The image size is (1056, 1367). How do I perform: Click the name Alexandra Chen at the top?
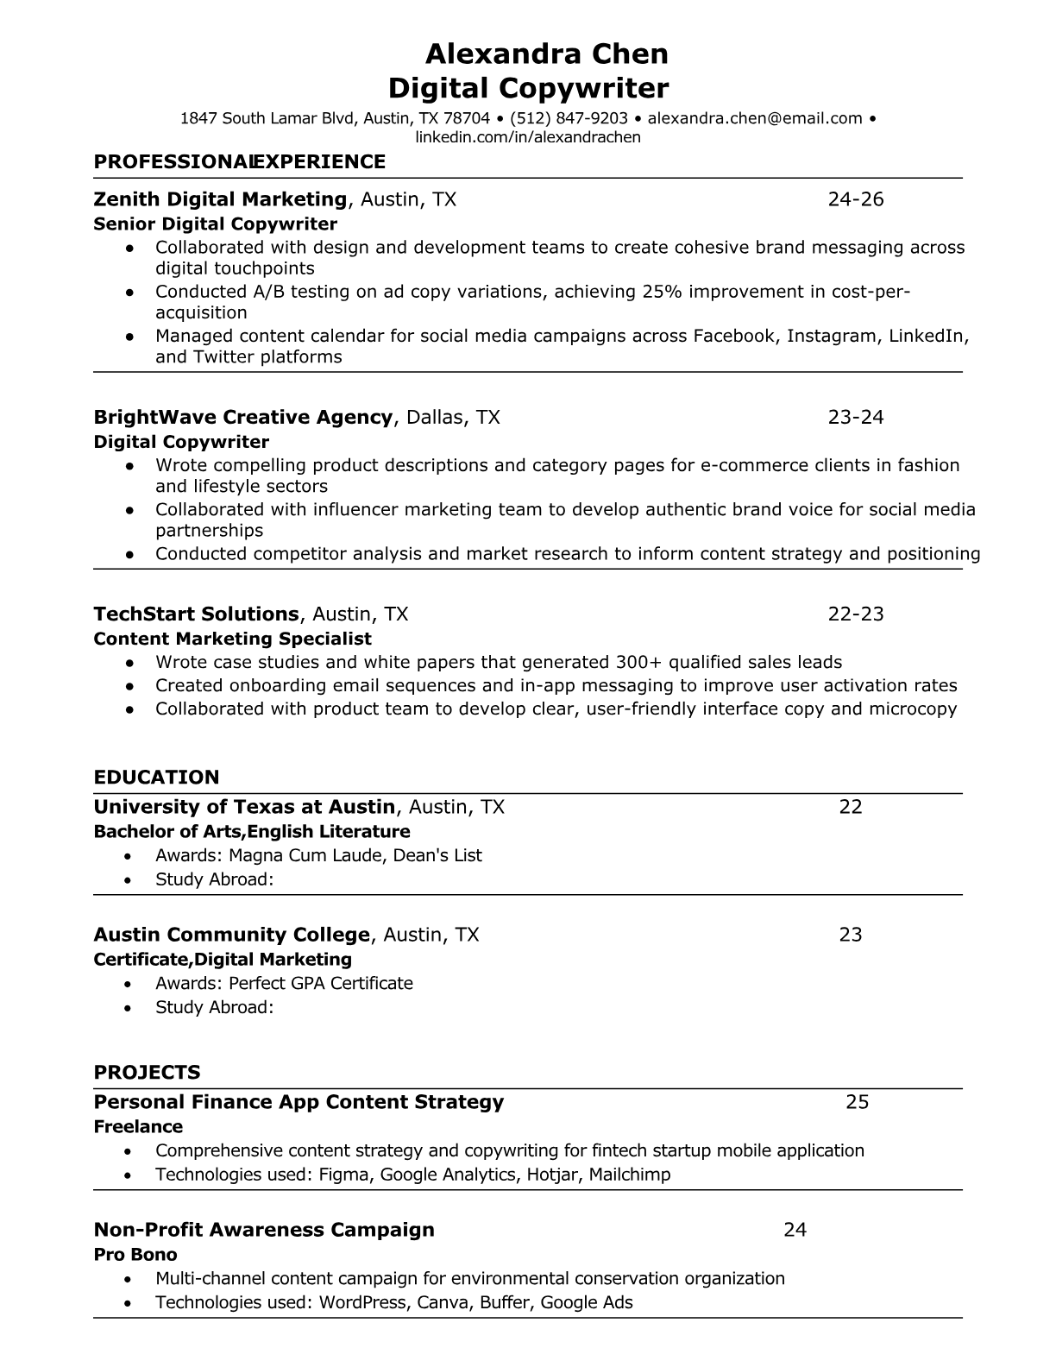point(546,54)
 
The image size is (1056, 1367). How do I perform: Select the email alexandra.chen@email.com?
point(755,118)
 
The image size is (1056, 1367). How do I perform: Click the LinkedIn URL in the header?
point(528,137)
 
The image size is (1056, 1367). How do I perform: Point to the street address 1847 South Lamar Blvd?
point(267,118)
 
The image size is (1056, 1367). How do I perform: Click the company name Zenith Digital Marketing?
point(220,199)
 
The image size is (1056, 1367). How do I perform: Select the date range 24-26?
point(856,199)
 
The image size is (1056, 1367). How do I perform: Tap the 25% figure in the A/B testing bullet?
point(662,292)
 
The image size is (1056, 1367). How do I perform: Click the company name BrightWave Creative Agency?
point(242,418)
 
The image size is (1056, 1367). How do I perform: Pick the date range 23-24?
point(856,418)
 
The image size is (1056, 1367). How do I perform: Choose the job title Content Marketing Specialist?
point(232,639)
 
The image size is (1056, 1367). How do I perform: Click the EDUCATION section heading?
point(156,777)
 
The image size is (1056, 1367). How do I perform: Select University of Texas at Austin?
point(244,807)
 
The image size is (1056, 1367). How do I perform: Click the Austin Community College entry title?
point(231,935)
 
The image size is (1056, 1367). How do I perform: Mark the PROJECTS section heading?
point(147,1073)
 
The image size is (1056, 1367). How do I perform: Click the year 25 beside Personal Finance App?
point(857,1102)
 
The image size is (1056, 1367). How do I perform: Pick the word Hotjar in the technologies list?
point(552,1174)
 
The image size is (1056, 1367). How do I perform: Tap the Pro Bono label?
point(135,1254)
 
